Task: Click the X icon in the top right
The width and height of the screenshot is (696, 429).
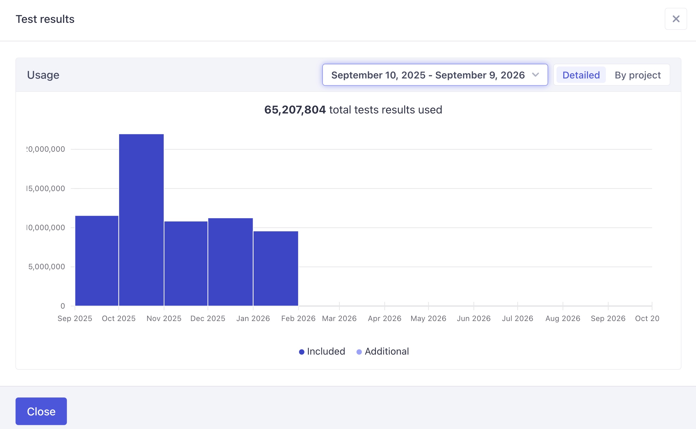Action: click(676, 19)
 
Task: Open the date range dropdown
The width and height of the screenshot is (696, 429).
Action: click(435, 75)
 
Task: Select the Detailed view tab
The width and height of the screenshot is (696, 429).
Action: click(581, 75)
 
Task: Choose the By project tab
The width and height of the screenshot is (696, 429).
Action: click(637, 75)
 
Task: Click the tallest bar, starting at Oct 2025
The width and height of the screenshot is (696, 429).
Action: click(141, 220)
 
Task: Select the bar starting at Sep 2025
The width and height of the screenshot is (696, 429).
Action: click(97, 261)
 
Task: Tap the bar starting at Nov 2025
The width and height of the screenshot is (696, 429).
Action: click(186, 263)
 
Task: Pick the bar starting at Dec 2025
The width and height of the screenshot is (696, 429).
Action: click(230, 262)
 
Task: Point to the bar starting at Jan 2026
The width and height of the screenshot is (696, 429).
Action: click(276, 268)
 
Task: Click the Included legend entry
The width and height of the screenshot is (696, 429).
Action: click(322, 351)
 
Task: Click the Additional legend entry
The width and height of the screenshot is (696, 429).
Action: click(382, 351)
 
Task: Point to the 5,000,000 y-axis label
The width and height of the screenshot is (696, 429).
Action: click(47, 267)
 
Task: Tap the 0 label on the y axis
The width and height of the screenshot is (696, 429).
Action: click(63, 306)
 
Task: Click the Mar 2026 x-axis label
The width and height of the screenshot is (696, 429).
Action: click(339, 318)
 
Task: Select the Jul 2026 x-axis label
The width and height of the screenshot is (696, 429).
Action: click(518, 318)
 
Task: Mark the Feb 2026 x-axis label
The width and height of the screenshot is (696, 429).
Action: click(298, 318)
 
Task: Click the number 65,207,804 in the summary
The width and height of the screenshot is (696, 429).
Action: click(295, 110)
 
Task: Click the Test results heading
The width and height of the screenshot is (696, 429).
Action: click(45, 19)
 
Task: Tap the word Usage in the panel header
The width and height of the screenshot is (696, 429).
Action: click(43, 75)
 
